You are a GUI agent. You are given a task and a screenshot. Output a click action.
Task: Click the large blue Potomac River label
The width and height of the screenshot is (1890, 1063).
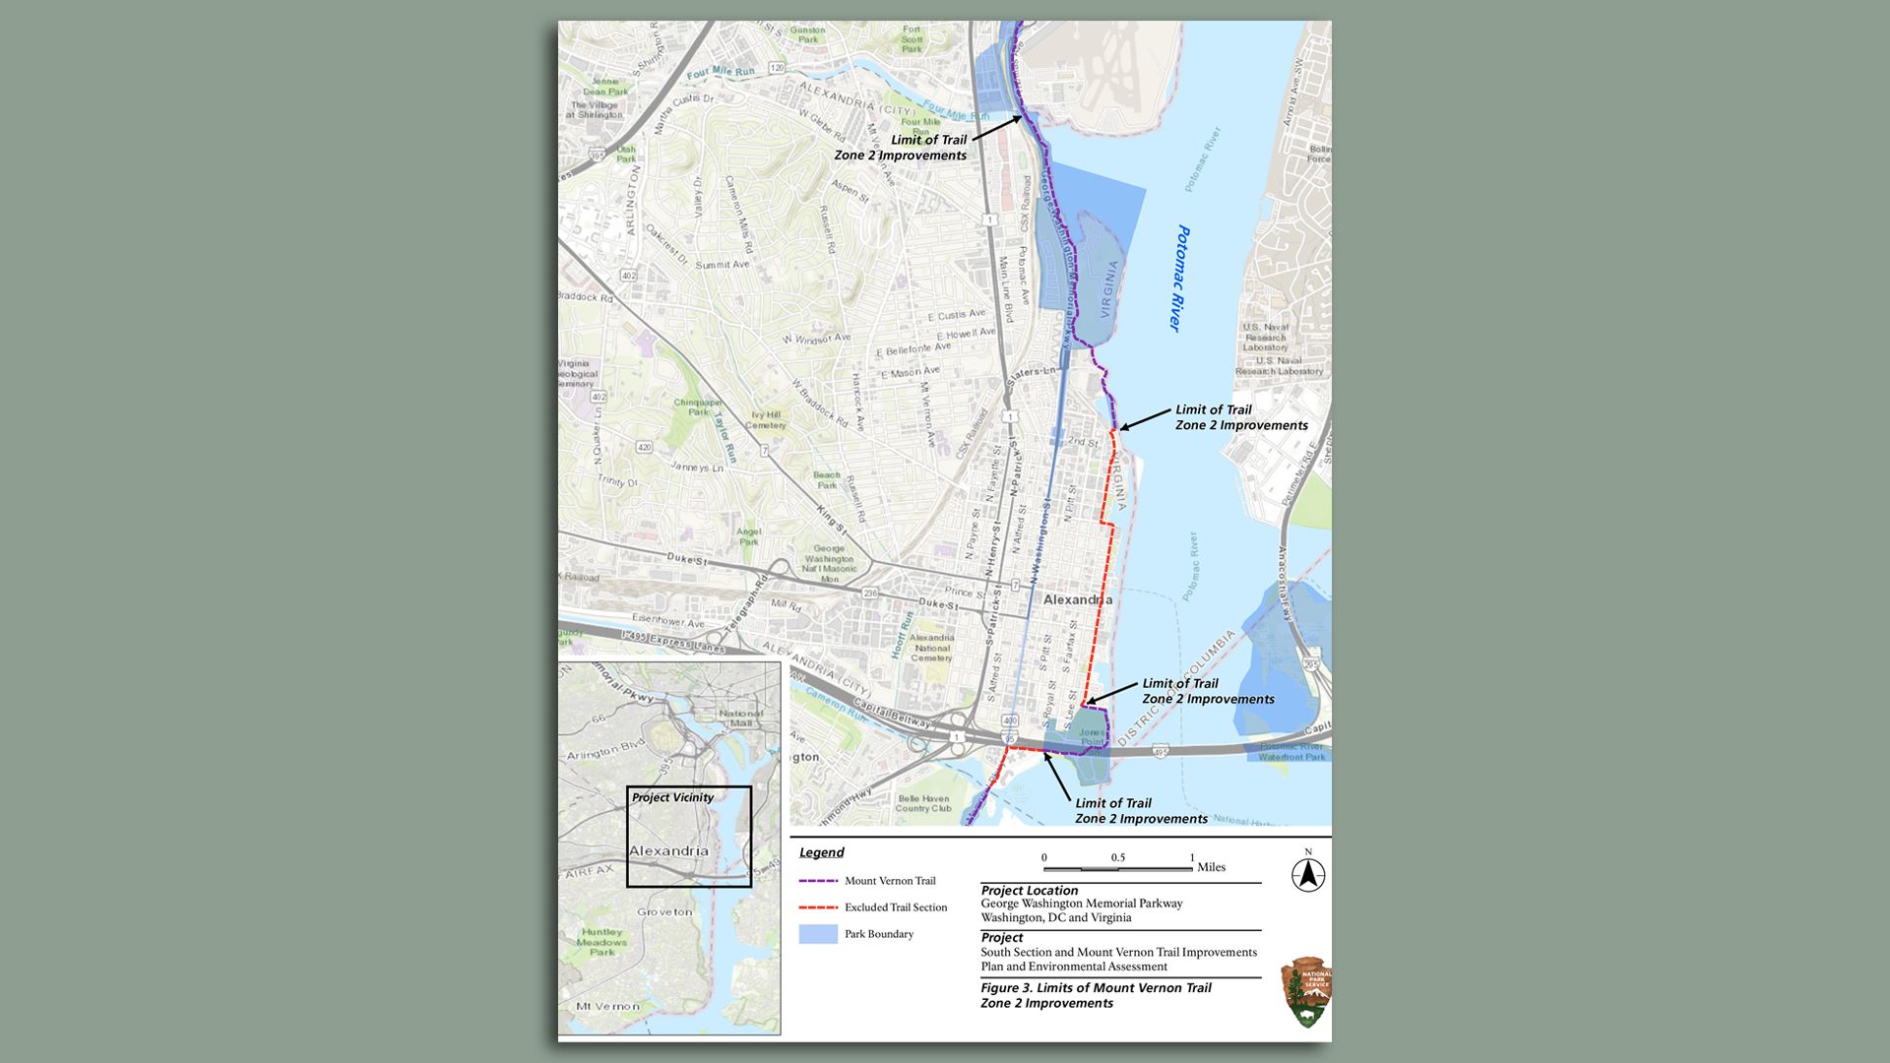click(1178, 279)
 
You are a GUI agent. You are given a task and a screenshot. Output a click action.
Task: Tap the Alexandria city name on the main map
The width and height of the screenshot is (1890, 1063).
click(1078, 599)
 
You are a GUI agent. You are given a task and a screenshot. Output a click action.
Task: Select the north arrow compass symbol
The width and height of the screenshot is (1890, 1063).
click(1308, 874)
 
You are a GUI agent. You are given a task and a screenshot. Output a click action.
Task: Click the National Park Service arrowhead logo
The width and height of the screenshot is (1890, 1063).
click(1306, 992)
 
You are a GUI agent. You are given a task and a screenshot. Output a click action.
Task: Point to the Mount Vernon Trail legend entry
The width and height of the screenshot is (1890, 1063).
click(890, 881)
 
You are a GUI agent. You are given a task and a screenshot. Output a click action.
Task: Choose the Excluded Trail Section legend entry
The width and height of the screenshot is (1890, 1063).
click(895, 907)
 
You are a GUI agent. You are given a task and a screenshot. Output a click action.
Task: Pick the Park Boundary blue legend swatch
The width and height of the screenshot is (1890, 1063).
click(818, 934)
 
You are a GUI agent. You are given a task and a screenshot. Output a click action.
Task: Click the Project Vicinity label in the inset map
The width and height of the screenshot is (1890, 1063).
click(672, 797)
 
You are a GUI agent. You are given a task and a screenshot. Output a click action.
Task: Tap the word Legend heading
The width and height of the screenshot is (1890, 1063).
click(821, 852)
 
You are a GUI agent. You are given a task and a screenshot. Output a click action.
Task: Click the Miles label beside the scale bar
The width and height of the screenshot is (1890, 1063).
click(1211, 867)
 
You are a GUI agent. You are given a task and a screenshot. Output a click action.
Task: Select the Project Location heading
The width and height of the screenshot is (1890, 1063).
click(1029, 890)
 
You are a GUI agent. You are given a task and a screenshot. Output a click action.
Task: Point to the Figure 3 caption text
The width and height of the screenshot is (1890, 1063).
click(1096, 995)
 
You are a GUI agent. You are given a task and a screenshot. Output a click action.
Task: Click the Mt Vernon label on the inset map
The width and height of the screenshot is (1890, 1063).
click(607, 1006)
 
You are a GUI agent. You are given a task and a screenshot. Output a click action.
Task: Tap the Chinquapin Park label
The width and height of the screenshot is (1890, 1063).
click(698, 406)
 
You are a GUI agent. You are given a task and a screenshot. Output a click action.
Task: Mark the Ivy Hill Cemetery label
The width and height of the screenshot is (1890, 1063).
click(767, 420)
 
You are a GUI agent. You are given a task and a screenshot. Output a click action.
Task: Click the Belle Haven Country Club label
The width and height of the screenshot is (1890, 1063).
click(923, 803)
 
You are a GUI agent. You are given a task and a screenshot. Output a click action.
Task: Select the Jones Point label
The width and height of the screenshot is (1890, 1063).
click(1092, 736)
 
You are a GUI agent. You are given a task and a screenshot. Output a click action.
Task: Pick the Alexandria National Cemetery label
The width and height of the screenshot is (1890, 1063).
click(931, 647)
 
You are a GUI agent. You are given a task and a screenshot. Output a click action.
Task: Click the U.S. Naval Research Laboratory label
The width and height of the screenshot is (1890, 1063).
click(1266, 337)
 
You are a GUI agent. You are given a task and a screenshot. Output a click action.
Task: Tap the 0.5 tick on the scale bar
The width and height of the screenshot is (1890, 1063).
click(1117, 858)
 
